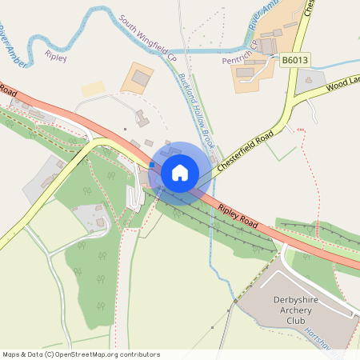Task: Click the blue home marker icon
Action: click(x=179, y=172)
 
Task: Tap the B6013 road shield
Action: click(x=294, y=59)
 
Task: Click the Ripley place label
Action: click(x=57, y=58)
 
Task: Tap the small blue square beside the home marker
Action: click(x=151, y=164)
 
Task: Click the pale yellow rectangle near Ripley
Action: click(x=93, y=88)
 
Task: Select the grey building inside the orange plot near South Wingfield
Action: click(x=142, y=78)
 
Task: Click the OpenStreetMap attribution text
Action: click(x=81, y=354)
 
